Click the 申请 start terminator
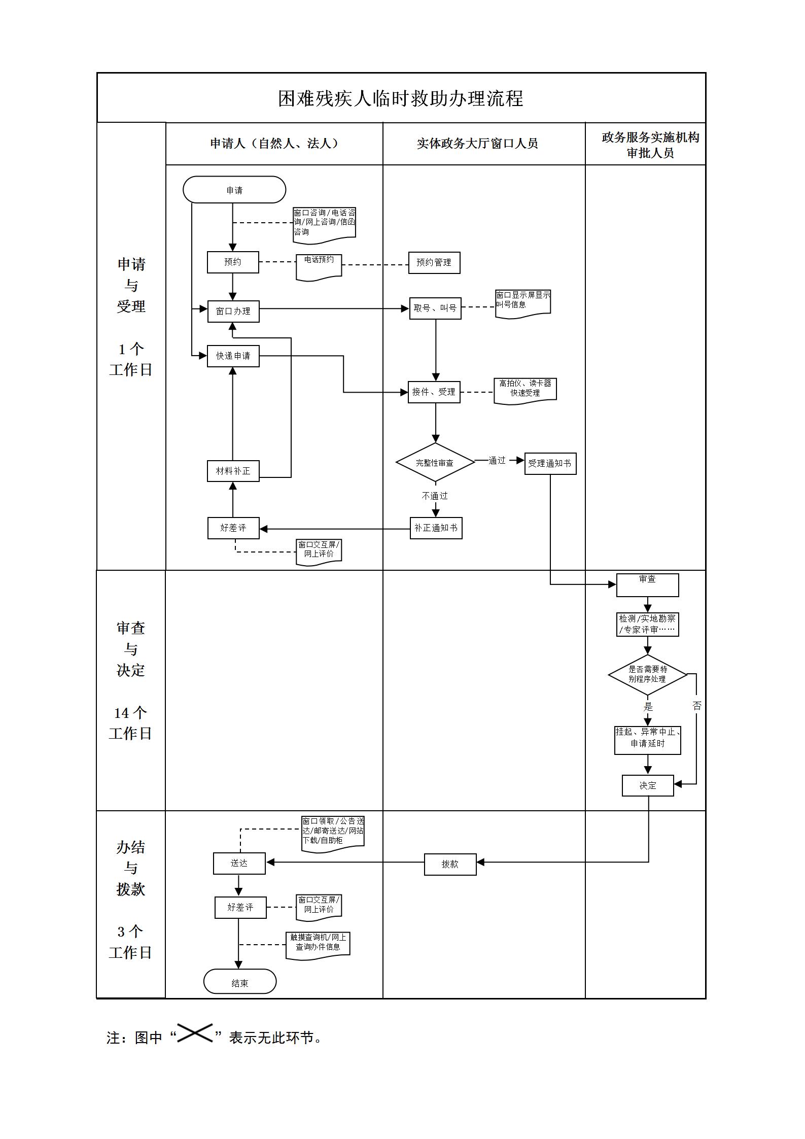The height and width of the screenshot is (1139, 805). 234,190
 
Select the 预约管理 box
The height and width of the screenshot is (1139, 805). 434,262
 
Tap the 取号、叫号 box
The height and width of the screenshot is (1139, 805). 435,308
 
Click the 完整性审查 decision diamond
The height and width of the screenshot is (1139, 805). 435,462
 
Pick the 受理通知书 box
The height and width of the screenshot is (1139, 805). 550,463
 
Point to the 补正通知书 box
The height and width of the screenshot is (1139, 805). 436,528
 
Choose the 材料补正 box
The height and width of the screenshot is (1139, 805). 233,471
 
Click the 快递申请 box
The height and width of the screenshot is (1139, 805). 233,356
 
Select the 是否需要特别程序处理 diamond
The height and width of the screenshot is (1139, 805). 647,674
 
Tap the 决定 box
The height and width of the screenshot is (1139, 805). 648,785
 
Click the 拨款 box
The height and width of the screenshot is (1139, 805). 450,864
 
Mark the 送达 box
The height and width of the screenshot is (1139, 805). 239,863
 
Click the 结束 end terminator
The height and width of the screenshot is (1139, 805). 240,983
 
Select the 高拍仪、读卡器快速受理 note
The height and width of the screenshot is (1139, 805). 525,390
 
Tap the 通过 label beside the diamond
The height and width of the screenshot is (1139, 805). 497,460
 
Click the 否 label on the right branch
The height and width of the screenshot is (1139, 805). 696,705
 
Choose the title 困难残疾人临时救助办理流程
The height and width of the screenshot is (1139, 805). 401,98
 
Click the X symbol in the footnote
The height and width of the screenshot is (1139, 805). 195,1033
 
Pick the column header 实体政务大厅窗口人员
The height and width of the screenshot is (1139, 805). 477,144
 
